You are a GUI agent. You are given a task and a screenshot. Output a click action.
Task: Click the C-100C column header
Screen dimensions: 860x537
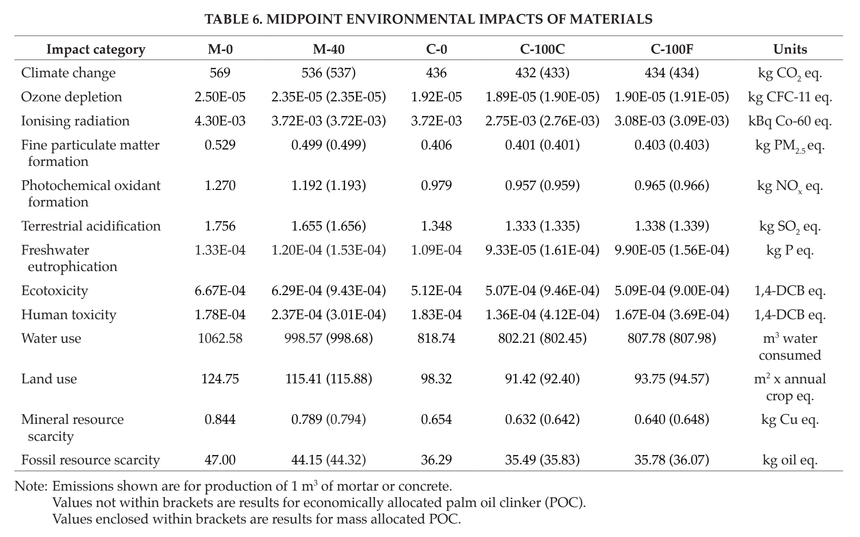pos(542,49)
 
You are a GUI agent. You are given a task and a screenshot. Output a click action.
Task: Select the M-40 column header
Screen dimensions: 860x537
pos(328,49)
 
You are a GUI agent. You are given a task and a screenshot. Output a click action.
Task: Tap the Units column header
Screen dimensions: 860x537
pos(790,49)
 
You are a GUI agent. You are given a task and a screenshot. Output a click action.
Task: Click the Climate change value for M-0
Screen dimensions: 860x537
pos(220,73)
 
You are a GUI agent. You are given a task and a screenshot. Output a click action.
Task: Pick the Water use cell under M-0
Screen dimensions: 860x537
pos(220,339)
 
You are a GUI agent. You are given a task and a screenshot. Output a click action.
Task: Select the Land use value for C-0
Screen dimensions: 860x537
pos(436,379)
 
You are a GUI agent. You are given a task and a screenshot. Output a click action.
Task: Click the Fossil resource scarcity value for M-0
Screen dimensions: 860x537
pos(220,460)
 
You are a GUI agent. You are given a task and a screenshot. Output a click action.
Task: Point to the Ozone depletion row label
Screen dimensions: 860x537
pos(71,97)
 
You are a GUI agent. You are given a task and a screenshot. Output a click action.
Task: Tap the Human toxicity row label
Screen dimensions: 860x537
pos(68,315)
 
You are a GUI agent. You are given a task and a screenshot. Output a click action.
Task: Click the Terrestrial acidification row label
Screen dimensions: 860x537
pos(91,226)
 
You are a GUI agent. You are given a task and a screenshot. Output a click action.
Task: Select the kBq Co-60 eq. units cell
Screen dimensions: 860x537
pos(790,122)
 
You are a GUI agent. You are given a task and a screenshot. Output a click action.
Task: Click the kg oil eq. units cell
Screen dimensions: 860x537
pos(790,460)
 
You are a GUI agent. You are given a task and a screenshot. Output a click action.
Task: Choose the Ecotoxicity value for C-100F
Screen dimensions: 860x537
pos(672,291)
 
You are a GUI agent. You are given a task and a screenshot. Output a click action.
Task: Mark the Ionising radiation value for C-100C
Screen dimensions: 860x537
pos(542,121)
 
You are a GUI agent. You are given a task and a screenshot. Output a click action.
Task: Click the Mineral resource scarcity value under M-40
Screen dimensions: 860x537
pos(328,420)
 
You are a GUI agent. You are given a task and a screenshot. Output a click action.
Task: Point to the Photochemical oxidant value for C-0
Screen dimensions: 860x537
pos(436,186)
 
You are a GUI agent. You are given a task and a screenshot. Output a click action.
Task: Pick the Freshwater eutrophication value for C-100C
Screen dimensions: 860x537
pos(542,250)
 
